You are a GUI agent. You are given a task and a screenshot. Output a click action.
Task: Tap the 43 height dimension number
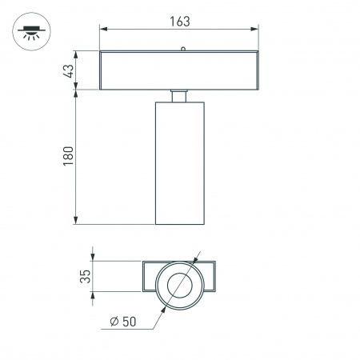(x=69, y=70)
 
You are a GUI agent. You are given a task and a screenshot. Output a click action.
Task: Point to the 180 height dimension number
(x=69, y=155)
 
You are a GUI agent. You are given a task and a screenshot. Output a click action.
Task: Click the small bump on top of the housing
(x=183, y=50)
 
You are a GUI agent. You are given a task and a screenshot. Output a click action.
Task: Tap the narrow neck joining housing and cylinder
(x=180, y=96)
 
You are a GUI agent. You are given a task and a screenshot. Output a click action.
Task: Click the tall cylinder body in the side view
(x=180, y=164)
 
